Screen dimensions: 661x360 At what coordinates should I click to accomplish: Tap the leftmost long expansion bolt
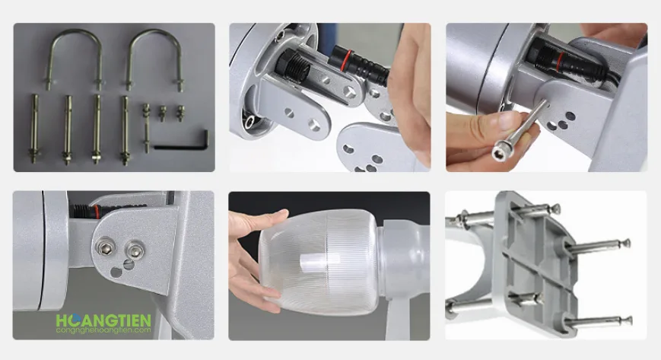[x=33, y=129]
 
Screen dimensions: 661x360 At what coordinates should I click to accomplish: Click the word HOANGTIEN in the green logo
[x=103, y=320]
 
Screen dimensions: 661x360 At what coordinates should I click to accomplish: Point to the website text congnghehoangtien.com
[x=103, y=330]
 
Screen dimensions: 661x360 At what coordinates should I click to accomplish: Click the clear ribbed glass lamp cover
[x=319, y=262]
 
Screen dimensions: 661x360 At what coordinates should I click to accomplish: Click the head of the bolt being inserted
[x=503, y=150]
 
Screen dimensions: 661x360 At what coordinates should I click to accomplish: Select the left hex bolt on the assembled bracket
[x=104, y=247]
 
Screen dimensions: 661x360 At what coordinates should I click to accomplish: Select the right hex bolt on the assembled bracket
[x=135, y=250]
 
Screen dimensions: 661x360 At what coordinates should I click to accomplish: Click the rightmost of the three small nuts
[x=180, y=113]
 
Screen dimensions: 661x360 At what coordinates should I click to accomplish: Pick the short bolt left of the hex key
[x=146, y=127]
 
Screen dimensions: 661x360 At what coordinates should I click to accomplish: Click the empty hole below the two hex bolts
[x=116, y=272]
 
